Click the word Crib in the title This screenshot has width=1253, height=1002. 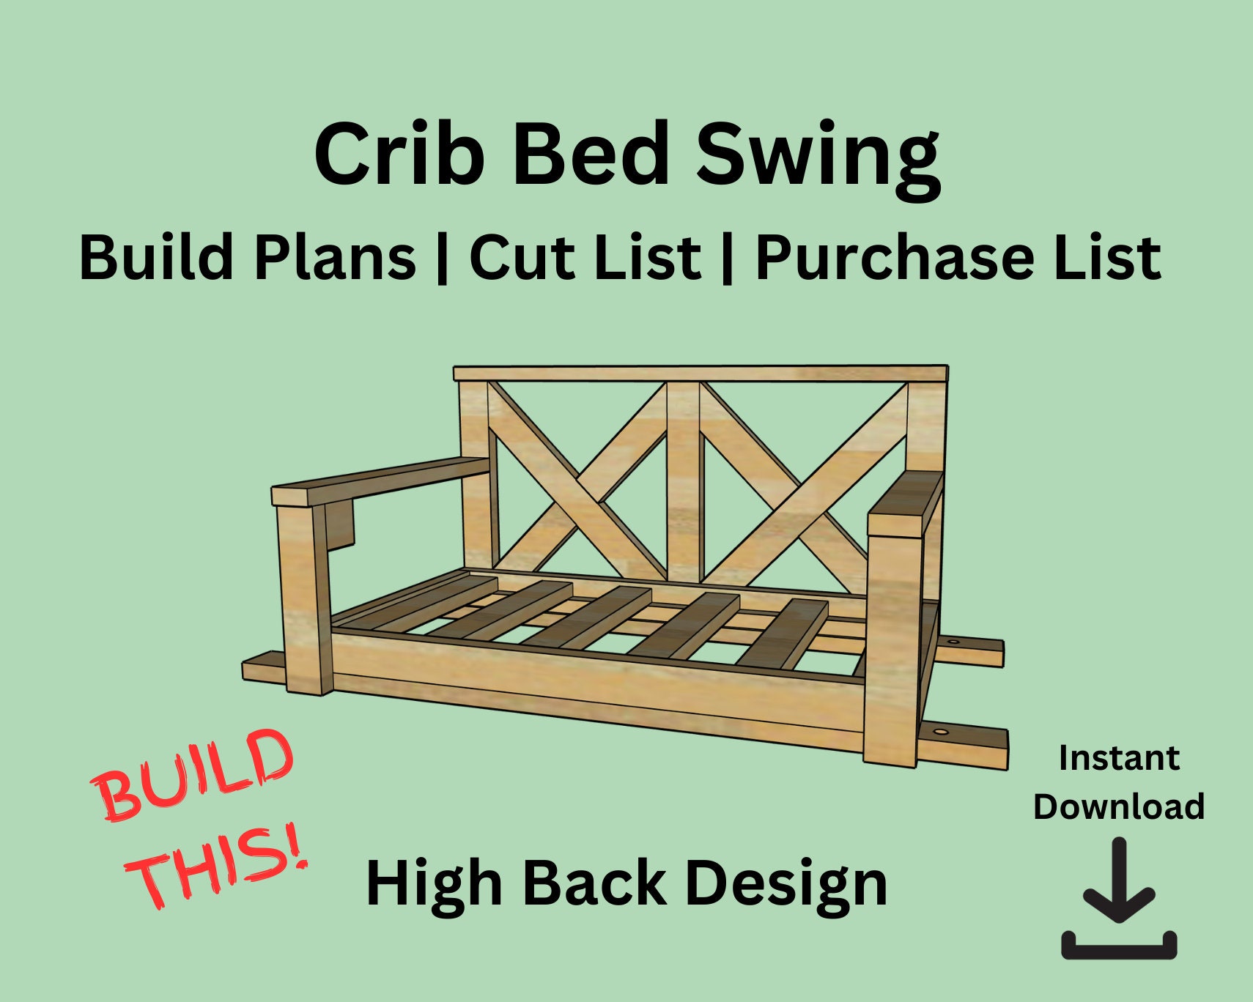click(399, 155)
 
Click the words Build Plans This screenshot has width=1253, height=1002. click(248, 257)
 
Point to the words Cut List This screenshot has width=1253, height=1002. click(585, 257)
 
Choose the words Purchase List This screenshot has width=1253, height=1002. click(958, 257)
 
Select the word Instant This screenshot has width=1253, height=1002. click(1119, 758)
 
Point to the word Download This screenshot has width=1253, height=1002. click(1119, 806)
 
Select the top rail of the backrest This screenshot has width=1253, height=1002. click(700, 374)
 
